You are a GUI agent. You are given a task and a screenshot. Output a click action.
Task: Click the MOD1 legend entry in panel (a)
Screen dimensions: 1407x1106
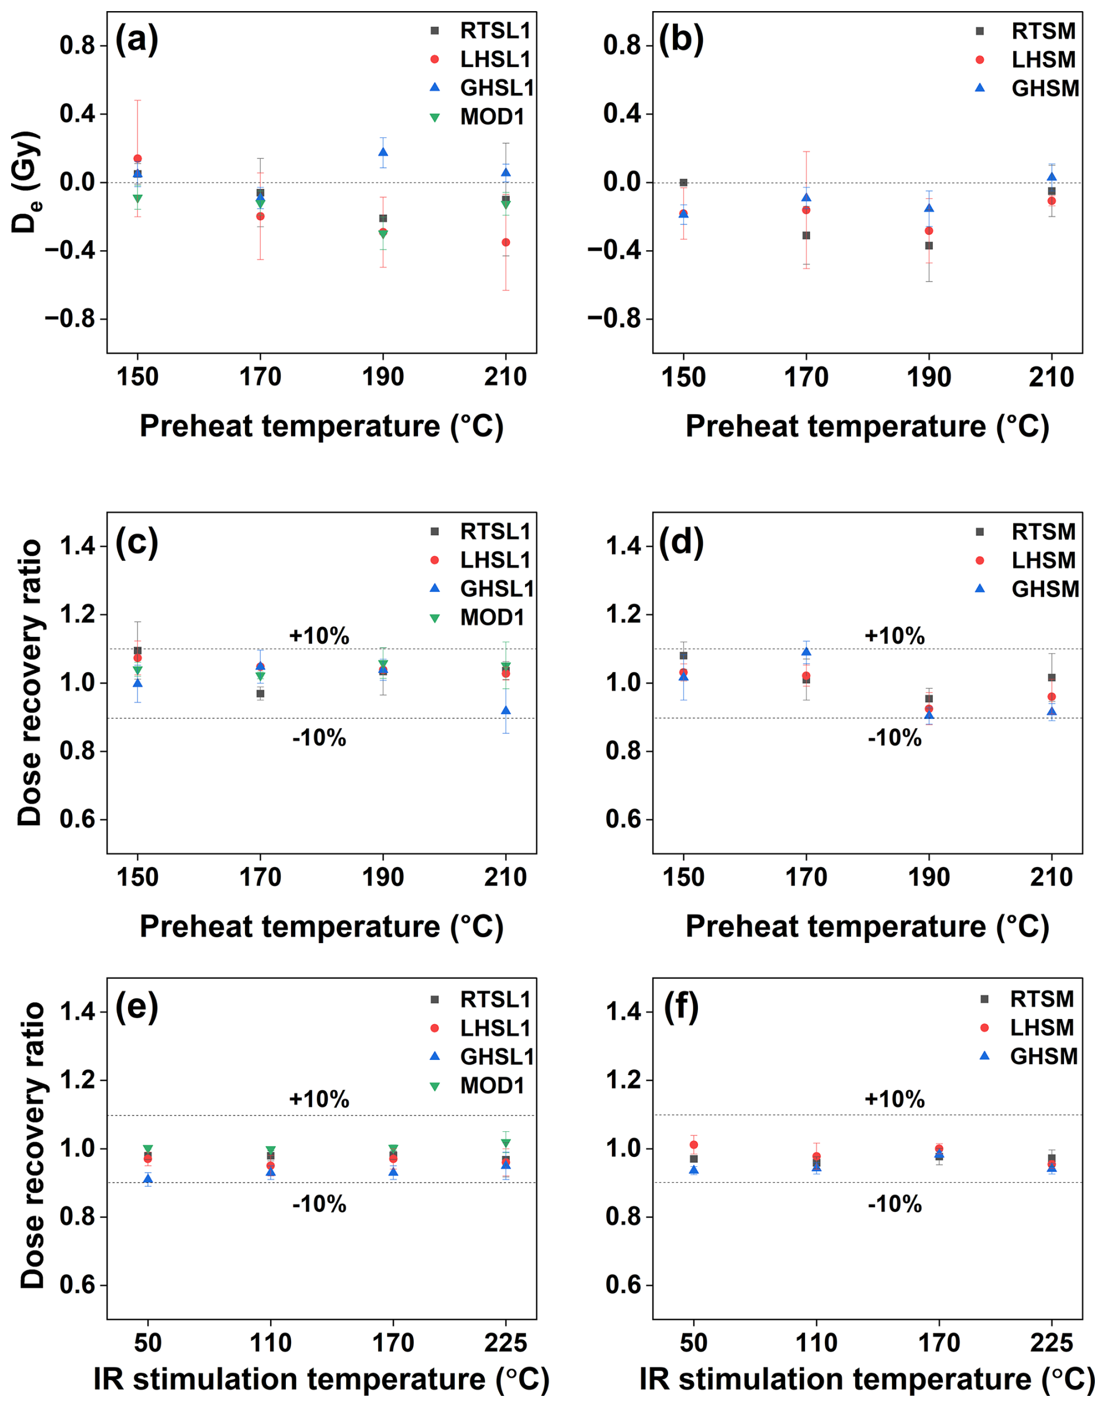point(492,117)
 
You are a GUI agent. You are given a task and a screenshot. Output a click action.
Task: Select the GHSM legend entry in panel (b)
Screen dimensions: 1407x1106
point(1045,88)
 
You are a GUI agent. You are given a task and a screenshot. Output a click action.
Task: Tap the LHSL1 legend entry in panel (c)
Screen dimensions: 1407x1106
point(495,560)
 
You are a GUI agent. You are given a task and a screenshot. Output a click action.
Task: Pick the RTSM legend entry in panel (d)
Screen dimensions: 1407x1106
point(1043,531)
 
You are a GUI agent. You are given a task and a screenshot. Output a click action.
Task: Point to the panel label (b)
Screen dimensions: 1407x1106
point(680,40)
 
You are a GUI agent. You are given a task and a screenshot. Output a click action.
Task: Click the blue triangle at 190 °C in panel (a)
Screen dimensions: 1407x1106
point(383,152)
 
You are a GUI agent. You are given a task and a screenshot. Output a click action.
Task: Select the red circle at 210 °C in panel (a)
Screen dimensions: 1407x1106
point(506,242)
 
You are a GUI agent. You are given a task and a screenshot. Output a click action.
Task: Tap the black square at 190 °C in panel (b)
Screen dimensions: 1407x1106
point(928,245)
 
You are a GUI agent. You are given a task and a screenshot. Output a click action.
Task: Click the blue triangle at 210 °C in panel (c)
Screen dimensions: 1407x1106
point(506,710)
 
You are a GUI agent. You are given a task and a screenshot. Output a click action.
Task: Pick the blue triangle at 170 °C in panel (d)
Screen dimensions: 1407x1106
point(806,651)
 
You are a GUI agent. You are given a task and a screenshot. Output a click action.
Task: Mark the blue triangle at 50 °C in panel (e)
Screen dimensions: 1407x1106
point(148,1179)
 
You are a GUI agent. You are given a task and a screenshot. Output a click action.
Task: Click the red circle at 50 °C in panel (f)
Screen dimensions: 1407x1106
point(693,1145)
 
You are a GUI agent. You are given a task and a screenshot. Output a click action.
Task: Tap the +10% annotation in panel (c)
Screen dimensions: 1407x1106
point(319,636)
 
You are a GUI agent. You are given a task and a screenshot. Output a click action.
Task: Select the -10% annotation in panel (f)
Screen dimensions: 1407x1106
point(894,1204)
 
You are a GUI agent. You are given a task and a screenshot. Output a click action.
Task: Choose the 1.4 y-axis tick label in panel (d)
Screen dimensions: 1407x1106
point(623,546)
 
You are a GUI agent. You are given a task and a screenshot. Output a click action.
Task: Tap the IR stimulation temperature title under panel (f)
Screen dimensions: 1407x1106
point(867,1379)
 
